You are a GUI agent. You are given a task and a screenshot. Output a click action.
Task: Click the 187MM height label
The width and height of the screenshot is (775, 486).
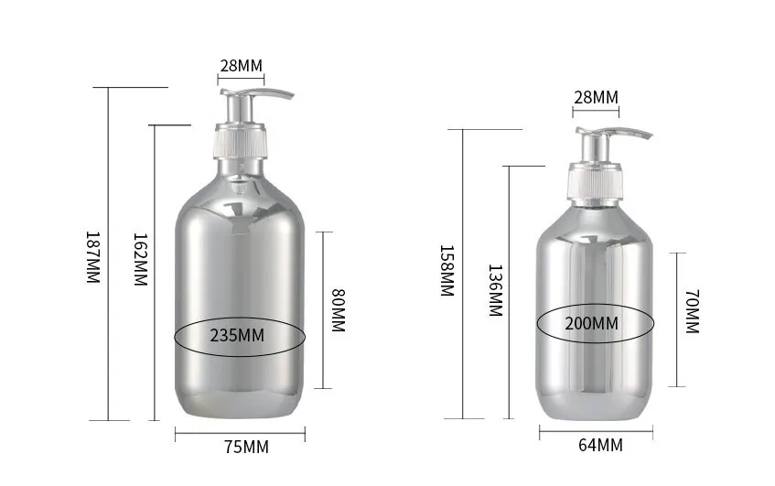click(93, 257)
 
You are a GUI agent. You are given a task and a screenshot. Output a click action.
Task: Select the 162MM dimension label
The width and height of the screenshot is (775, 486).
click(141, 259)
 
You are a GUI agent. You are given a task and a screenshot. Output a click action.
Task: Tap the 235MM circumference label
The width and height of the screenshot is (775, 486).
click(237, 336)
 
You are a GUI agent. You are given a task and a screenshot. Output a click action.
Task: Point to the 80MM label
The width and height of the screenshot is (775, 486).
click(338, 310)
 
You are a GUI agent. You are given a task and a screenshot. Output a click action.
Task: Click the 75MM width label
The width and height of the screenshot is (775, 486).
click(247, 447)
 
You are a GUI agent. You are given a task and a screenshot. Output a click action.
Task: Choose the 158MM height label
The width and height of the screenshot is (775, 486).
click(447, 270)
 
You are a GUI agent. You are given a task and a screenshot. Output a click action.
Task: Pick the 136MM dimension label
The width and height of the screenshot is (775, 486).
click(495, 290)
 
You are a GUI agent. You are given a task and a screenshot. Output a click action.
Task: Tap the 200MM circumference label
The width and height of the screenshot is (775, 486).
click(592, 323)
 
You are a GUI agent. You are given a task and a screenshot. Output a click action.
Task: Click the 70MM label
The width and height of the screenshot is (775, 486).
click(693, 312)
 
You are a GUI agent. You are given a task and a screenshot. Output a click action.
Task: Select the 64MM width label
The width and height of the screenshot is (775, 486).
click(600, 445)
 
